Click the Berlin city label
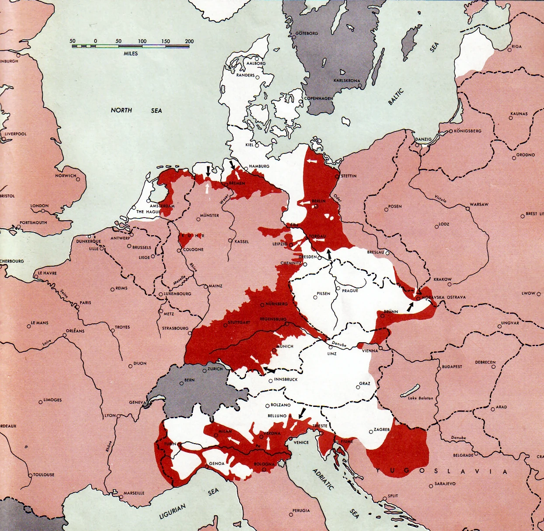(x=318, y=201)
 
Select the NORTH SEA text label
(x=136, y=110)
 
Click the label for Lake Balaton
(x=420, y=398)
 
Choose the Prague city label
(x=350, y=291)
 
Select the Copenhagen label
(x=319, y=98)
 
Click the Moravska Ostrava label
(x=443, y=297)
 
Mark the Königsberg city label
(x=467, y=131)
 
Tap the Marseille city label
(x=134, y=493)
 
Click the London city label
(x=39, y=205)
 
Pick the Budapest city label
(x=452, y=367)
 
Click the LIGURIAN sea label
(x=172, y=511)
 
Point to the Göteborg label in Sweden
(x=307, y=33)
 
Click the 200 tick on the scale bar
(x=189, y=41)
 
